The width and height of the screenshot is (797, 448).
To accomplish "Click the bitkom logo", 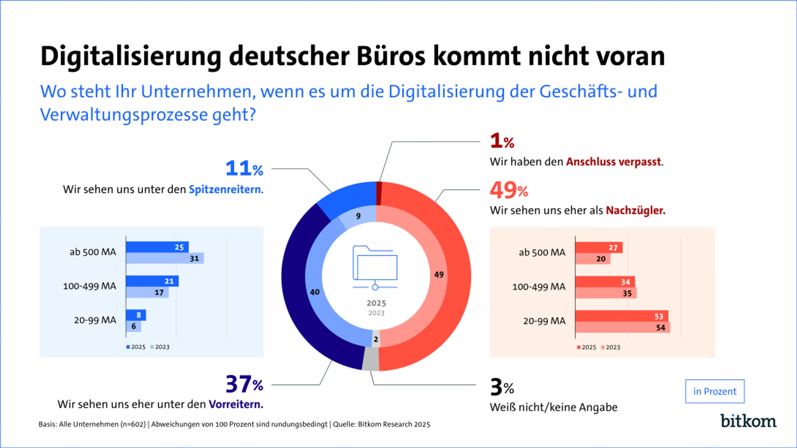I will [x=748, y=421].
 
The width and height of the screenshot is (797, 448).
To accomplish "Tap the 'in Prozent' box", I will [x=714, y=391].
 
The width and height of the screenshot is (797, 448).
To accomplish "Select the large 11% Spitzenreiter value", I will [x=244, y=168].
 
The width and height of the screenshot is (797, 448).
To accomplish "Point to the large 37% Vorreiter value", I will [x=244, y=384].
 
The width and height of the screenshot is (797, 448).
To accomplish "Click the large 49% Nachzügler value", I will [x=509, y=190].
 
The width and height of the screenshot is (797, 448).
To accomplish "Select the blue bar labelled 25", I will [x=157, y=247].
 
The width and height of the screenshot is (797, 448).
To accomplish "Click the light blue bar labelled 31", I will [x=165, y=258].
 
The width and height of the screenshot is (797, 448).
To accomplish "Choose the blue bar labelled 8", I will [x=136, y=315].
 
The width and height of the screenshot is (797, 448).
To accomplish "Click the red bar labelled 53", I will [x=621, y=316].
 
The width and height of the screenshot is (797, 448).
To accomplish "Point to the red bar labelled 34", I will [x=605, y=282].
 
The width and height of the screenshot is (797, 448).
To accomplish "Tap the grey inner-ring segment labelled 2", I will [x=376, y=339].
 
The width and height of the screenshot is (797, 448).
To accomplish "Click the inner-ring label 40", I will [x=315, y=292].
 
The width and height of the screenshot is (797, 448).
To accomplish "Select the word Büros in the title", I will [x=391, y=56].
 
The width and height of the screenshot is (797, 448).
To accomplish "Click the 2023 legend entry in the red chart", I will [x=611, y=347].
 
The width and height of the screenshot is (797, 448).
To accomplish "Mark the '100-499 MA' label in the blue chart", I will [x=90, y=286].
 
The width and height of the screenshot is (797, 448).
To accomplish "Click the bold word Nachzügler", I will [x=635, y=211].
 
